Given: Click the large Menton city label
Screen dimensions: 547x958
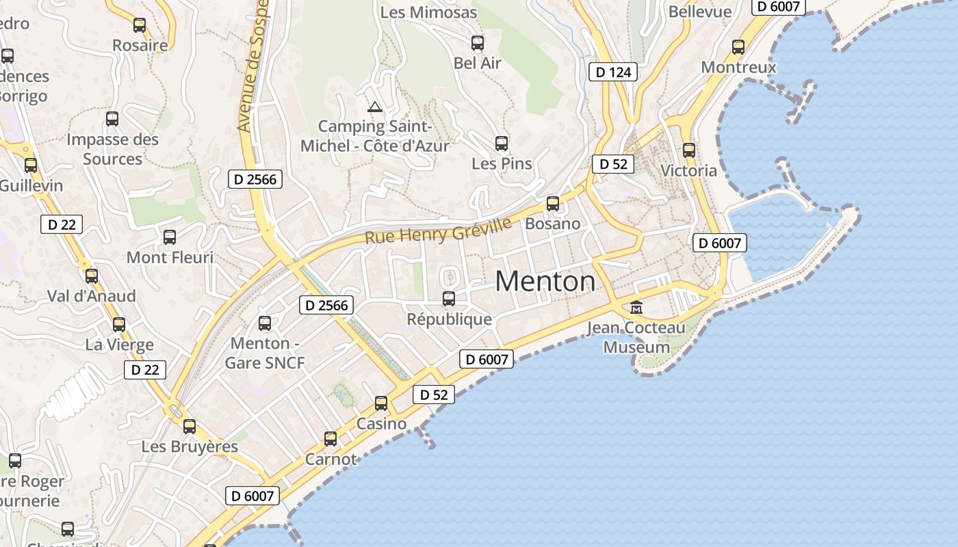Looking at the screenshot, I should (545, 281).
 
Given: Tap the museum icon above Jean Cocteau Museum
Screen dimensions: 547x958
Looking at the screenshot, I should (636, 307).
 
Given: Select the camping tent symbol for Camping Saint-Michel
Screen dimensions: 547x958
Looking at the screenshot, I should (374, 107).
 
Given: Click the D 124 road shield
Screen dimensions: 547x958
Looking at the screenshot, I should (613, 72).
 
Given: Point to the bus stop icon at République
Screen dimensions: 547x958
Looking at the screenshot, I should (449, 298).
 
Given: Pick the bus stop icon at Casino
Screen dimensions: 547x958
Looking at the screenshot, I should (381, 403).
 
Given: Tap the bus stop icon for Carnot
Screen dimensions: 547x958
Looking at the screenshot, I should (331, 438).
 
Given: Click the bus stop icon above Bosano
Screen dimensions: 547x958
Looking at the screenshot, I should (552, 203).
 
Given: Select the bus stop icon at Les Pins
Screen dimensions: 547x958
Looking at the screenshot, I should (502, 143).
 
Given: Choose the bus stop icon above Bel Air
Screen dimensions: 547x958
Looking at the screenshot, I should (478, 42).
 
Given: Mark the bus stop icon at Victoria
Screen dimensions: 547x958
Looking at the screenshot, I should (689, 150).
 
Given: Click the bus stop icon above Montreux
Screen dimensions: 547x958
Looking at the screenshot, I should (738, 46).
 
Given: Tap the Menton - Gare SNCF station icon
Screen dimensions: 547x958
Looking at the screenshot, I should (265, 323).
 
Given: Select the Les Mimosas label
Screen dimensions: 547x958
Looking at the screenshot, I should (428, 12).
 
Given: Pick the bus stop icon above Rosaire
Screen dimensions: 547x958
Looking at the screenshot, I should (140, 25).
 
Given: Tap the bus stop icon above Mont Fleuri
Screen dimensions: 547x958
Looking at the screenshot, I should (170, 237).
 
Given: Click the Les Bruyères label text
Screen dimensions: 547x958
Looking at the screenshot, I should (190, 446).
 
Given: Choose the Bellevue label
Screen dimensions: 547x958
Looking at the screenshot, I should (700, 12).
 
